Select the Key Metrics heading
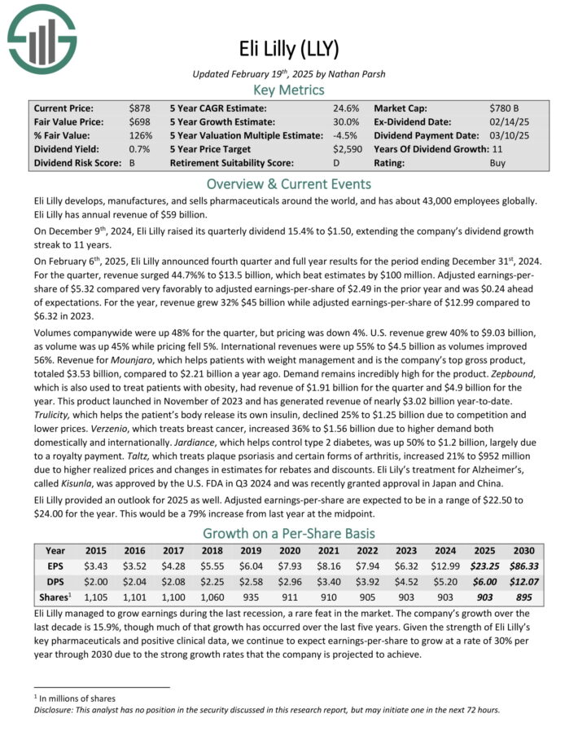coord(289,90)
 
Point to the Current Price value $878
coord(139,108)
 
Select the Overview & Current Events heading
coord(289,183)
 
